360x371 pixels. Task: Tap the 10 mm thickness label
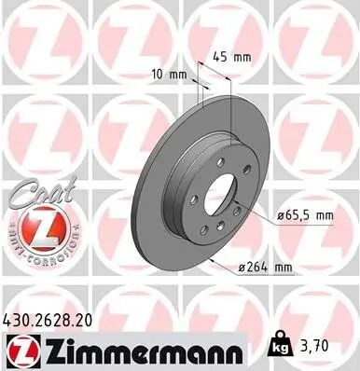click(x=164, y=73)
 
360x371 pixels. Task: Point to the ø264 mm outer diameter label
click(x=266, y=268)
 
